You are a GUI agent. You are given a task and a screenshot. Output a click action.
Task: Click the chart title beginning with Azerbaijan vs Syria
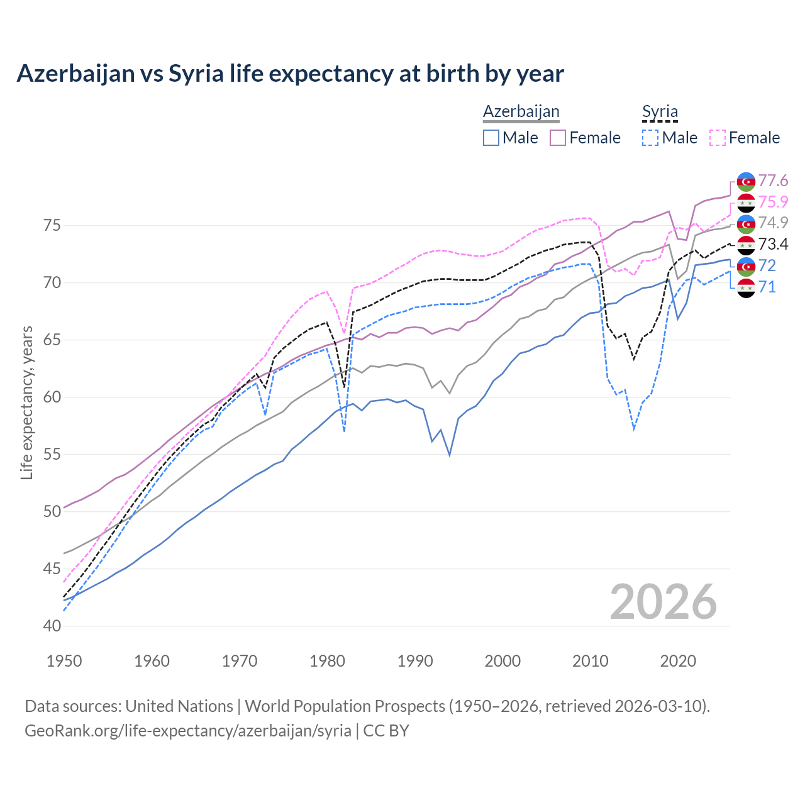[290, 74]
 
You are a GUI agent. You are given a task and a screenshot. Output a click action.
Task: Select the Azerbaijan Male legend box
[491, 138]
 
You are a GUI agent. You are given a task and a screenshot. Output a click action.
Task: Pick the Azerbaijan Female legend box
[558, 138]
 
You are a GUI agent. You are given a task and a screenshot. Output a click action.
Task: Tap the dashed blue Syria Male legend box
[650, 138]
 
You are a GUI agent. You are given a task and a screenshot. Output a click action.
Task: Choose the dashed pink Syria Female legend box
[718, 138]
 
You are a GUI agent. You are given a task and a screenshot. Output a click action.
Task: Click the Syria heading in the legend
[660, 112]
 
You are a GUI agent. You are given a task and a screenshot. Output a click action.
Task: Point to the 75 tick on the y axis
[52, 225]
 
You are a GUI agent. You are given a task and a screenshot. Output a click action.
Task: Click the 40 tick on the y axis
[52, 626]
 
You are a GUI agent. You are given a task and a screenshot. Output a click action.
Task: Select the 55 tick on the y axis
[52, 454]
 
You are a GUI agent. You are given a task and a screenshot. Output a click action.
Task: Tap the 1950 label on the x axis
[64, 661]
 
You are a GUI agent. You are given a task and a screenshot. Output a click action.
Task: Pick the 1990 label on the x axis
[415, 661]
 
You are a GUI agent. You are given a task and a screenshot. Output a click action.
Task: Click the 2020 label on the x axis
[678, 661]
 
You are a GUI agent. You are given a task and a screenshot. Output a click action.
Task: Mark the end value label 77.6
[773, 181]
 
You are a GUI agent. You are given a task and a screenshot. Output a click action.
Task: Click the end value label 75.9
[773, 202]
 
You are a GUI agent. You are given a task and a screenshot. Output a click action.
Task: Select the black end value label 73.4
[773, 244]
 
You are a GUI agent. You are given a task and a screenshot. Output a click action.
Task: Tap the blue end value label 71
[767, 287]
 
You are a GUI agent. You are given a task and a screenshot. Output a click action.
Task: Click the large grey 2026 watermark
[663, 602]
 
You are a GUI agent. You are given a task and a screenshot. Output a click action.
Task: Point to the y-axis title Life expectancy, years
[27, 402]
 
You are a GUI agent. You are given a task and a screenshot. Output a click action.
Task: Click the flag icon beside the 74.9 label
[746, 223]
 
